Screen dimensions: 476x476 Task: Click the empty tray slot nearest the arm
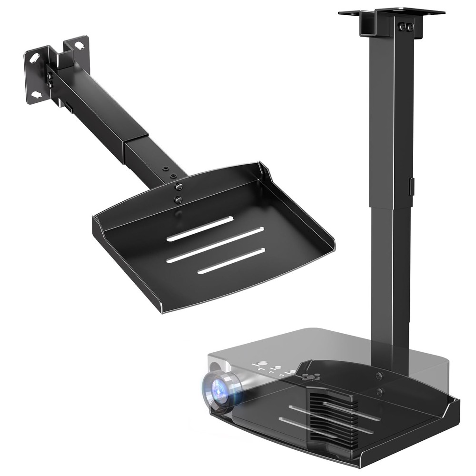coord(200,228)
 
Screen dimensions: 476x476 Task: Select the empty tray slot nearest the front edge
coord(231,260)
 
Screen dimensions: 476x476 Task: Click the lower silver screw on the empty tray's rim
coord(178,200)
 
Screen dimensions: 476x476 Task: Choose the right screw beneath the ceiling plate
coord(410,28)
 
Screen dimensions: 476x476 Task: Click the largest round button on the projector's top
coord(261,366)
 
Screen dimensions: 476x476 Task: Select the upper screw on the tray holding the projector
coord(378,376)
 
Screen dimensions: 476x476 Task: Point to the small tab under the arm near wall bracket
coord(69,109)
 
